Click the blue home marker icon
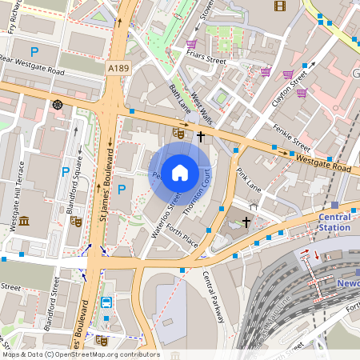(x=180, y=172)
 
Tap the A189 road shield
(x=118, y=70)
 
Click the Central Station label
(x=334, y=222)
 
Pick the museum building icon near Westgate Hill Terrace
(x=23, y=221)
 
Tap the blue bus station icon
(x=106, y=302)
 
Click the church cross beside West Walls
(x=200, y=137)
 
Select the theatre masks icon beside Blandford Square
(x=76, y=222)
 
